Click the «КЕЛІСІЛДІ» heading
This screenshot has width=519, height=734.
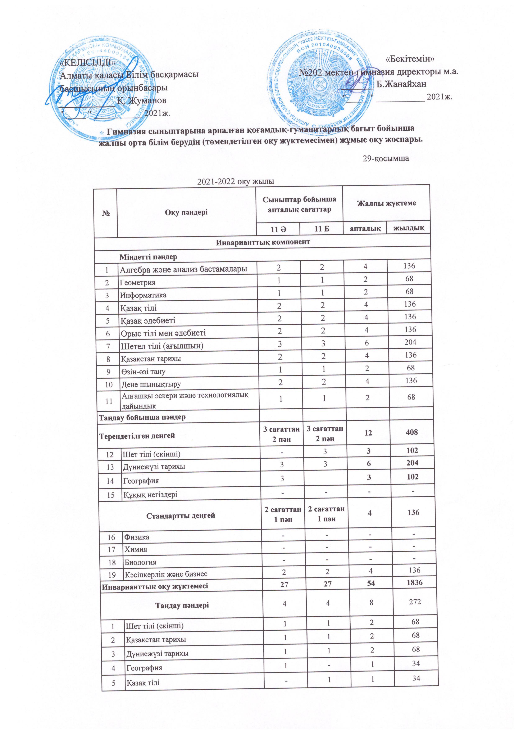click(88, 62)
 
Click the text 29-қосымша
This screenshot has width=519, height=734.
click(386, 158)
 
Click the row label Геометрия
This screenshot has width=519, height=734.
click(137, 283)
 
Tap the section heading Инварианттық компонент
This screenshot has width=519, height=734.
click(263, 242)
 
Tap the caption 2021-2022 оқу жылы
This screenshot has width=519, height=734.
click(236, 182)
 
